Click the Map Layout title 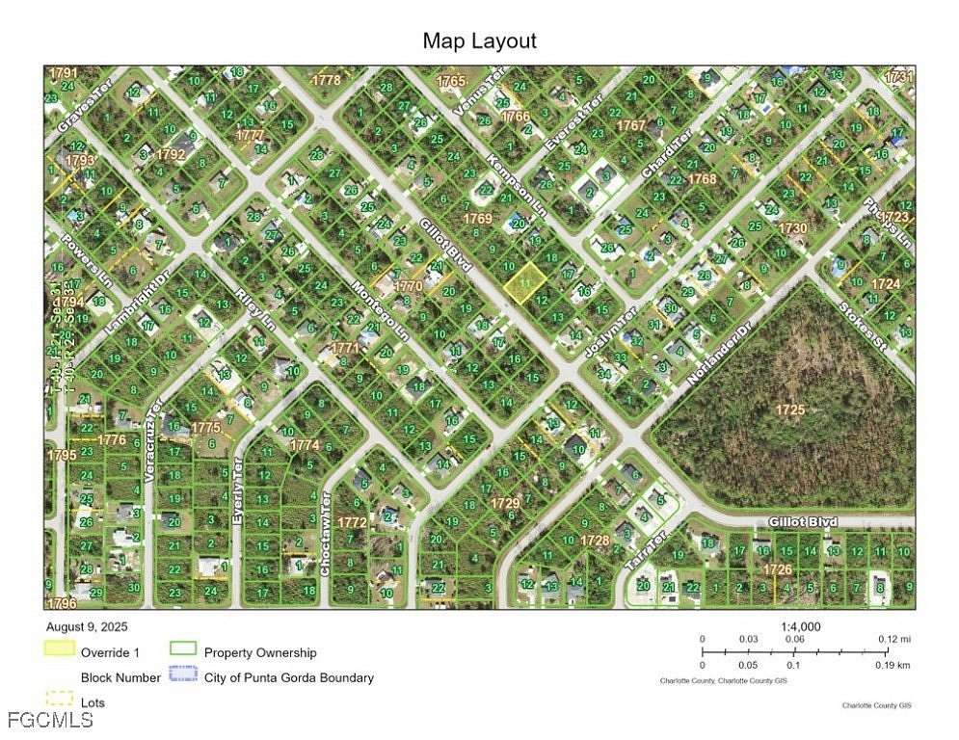[479, 40]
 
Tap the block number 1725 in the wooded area [789, 410]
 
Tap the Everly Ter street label [237, 492]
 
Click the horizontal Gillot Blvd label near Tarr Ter [802, 521]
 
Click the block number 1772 [351, 521]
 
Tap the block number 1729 [505, 503]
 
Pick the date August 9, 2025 [86, 626]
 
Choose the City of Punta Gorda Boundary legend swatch [182, 676]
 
